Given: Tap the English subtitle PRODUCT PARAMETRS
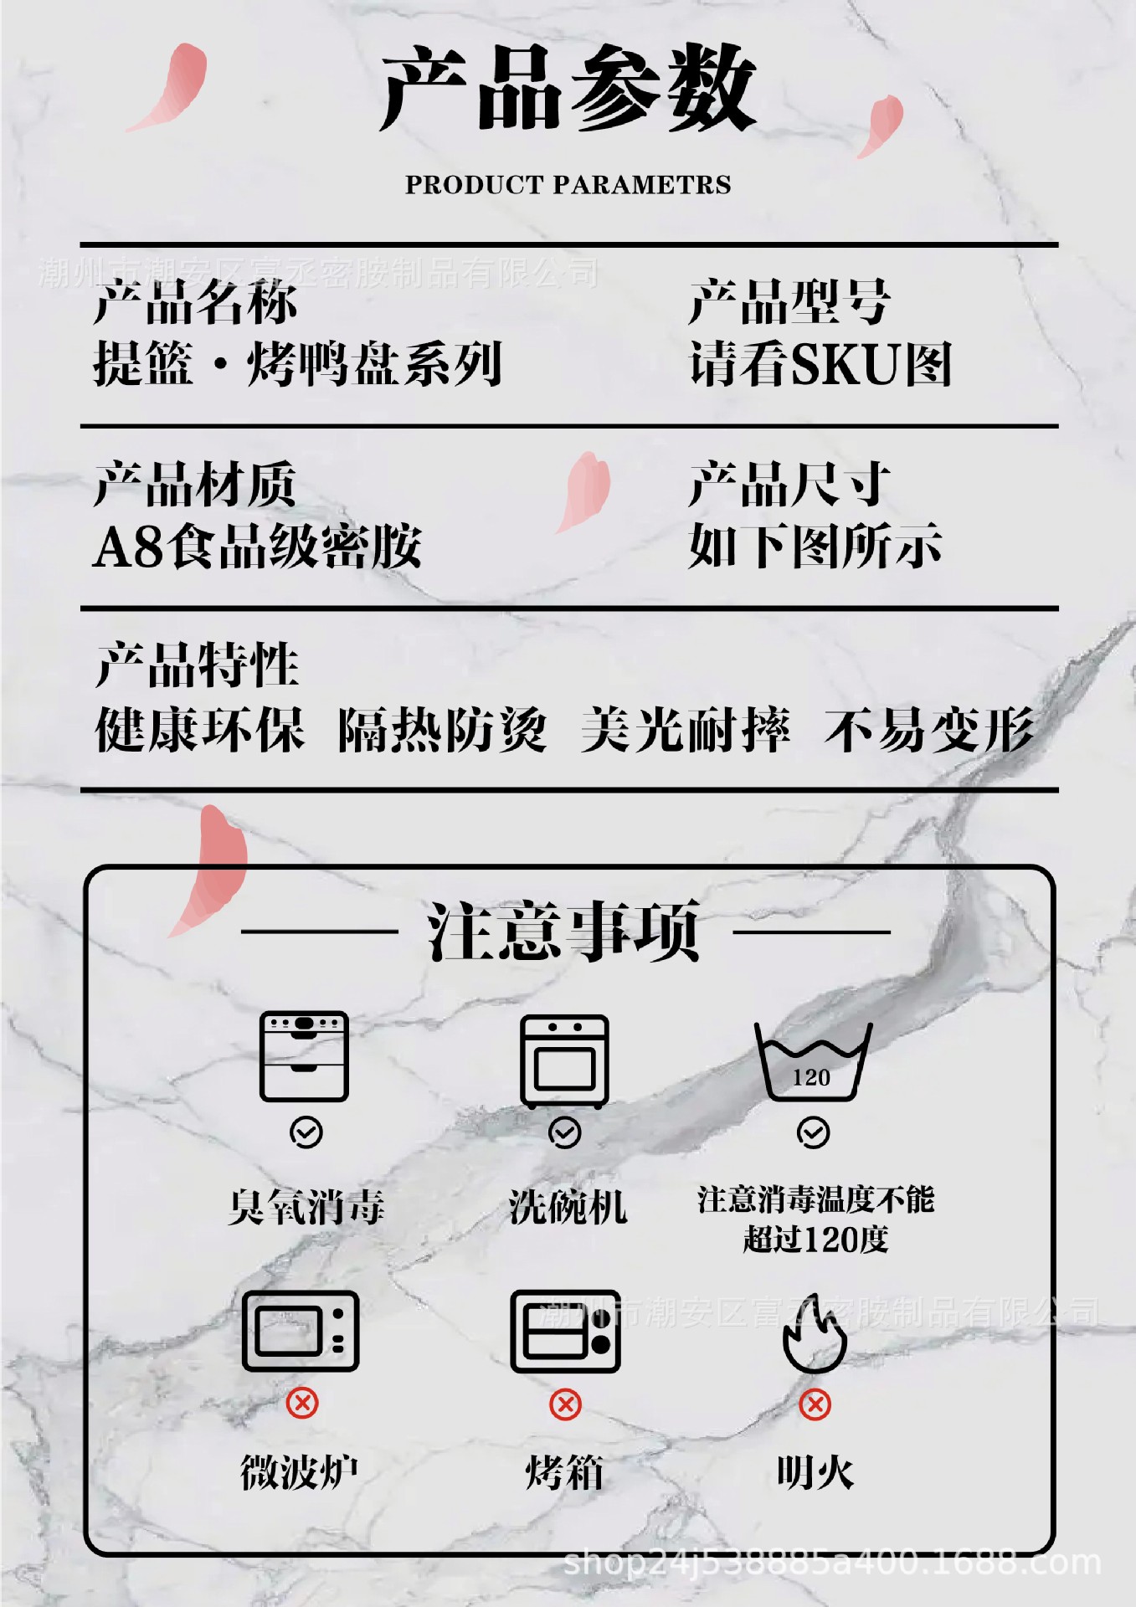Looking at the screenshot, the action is (568, 185).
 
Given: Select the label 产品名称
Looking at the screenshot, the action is (195, 302).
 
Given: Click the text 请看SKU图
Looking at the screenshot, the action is (820, 365).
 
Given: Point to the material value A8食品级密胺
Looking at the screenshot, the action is (257, 547).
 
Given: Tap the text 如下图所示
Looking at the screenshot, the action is (815, 547).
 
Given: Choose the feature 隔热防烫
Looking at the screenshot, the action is (442, 730).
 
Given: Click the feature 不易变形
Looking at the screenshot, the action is (928, 730).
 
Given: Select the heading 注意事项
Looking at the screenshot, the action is (563, 932).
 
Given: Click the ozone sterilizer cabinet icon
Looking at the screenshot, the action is (304, 1056).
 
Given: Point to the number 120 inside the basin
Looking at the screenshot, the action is (811, 1077).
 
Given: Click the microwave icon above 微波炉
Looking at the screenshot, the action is (301, 1331).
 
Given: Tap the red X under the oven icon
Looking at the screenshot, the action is (565, 1404).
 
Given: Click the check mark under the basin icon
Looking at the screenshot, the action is (813, 1132).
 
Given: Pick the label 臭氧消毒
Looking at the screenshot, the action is (306, 1207).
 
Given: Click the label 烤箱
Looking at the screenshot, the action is (564, 1472).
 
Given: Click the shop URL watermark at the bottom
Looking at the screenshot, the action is (832, 1563).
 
